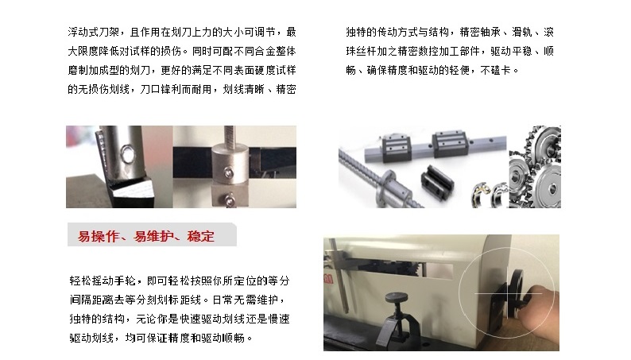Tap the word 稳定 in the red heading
[x=200, y=236]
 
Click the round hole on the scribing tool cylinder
[x=129, y=154]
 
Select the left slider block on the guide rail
[x=397, y=147]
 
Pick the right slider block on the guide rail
[x=450, y=143]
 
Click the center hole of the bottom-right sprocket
[x=553, y=188]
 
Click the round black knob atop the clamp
[x=396, y=298]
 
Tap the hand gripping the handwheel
[x=541, y=300]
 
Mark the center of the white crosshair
[x=508, y=293]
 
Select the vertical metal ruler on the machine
[x=339, y=277]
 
